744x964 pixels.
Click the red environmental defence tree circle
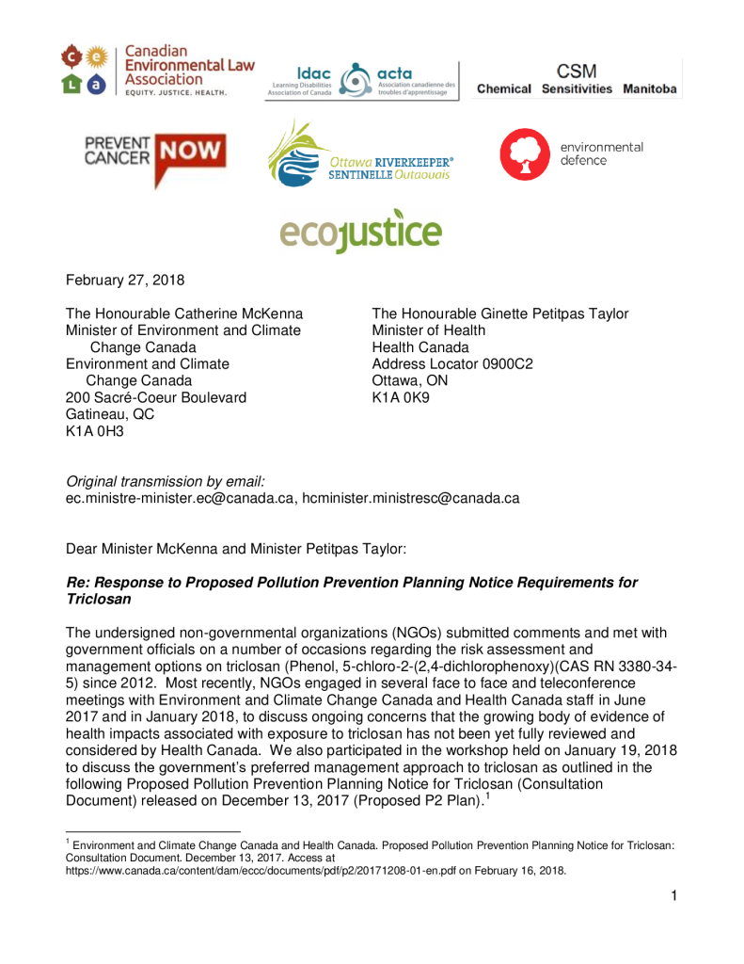(524, 154)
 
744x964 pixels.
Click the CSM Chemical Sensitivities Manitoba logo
(577, 79)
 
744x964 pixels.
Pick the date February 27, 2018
(124, 280)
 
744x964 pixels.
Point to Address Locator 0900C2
(452, 364)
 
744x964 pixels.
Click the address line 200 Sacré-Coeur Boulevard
(156, 397)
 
